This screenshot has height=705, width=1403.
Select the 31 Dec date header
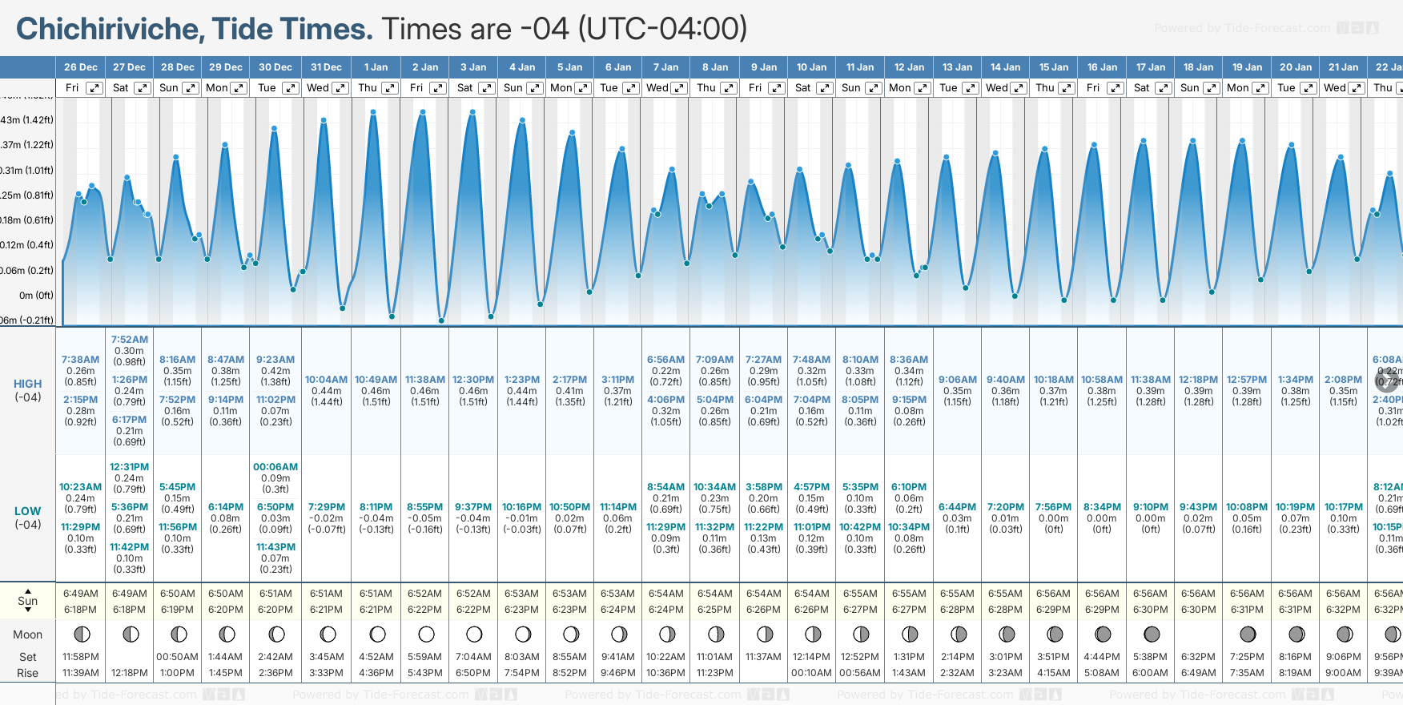tap(326, 67)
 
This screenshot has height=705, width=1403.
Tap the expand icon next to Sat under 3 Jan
tap(486, 88)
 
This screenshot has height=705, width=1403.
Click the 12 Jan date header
tap(909, 67)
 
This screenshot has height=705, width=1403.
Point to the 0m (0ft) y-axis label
tap(36, 295)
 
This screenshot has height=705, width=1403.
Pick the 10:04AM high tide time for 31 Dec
tap(326, 380)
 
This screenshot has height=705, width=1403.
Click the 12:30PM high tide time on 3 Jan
tap(473, 380)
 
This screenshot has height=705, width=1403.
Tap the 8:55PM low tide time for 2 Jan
tap(424, 507)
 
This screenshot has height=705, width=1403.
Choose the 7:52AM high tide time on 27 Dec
tap(129, 340)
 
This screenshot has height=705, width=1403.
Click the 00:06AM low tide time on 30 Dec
tap(275, 467)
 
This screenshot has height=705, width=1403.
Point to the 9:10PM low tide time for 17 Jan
tap(1150, 507)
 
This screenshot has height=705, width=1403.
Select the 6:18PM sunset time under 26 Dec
tap(80, 610)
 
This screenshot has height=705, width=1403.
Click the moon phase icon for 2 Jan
tap(426, 634)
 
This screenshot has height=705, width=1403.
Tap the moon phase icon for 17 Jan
tap(1152, 634)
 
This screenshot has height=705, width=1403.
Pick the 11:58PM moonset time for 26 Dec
tap(80, 657)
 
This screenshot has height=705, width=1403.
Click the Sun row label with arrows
tap(27, 601)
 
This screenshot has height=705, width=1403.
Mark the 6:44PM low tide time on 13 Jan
tap(957, 507)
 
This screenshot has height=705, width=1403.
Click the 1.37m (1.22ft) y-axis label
tap(27, 145)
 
